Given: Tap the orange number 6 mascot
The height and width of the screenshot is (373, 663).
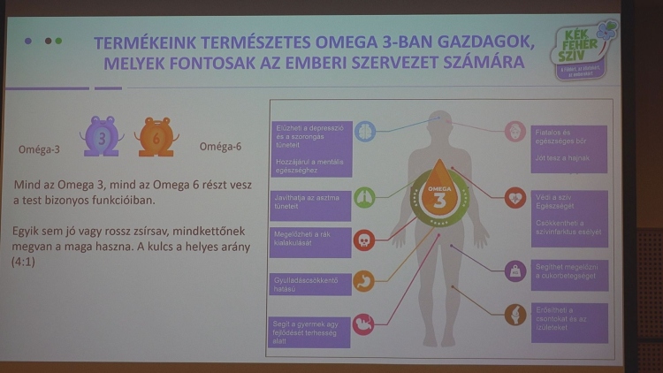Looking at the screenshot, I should click(x=156, y=137).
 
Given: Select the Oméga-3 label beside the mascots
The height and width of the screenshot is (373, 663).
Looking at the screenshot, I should click(x=39, y=150).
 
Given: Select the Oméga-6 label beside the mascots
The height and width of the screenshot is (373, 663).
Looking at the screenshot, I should click(x=220, y=147).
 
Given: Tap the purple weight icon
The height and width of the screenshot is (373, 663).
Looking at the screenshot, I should click(x=515, y=270).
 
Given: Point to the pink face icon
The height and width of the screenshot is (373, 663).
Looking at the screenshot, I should click(x=515, y=132).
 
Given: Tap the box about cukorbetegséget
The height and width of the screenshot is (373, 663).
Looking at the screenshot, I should click(x=569, y=271).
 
